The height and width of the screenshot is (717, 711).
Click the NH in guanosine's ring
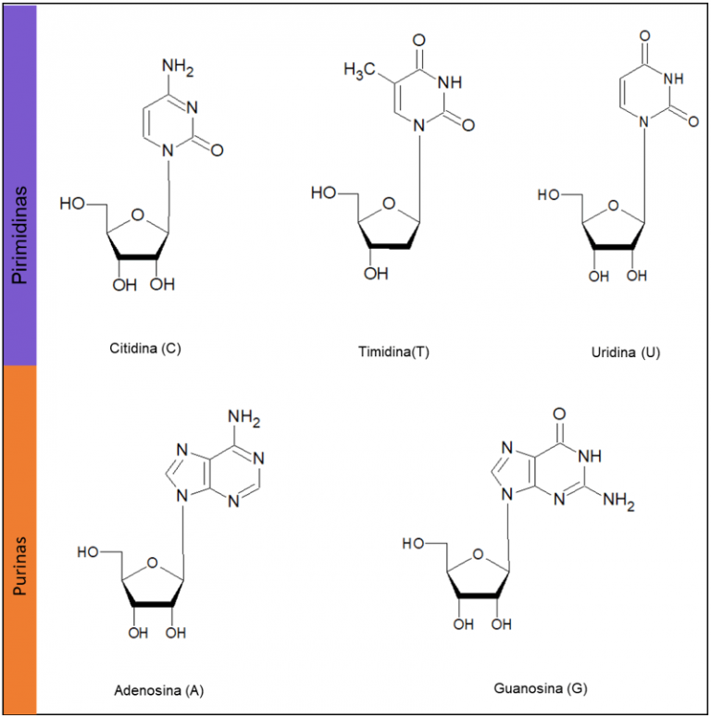(x=591, y=457)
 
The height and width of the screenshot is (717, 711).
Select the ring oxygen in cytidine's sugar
(x=135, y=216)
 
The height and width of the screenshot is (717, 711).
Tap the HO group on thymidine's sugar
(x=324, y=193)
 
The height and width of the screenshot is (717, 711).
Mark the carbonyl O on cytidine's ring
(x=217, y=147)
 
